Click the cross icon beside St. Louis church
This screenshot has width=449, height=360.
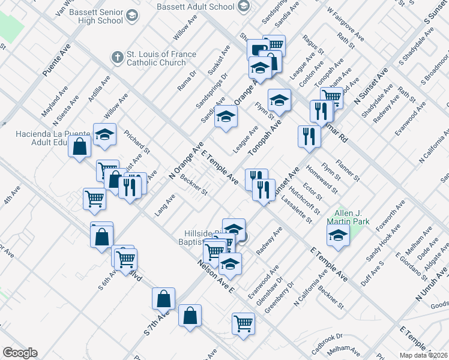coord(118,58)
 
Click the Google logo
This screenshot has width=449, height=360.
coord(20,352)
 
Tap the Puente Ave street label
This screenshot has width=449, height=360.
coord(56,59)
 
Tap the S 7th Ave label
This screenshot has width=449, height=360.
coord(157,323)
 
